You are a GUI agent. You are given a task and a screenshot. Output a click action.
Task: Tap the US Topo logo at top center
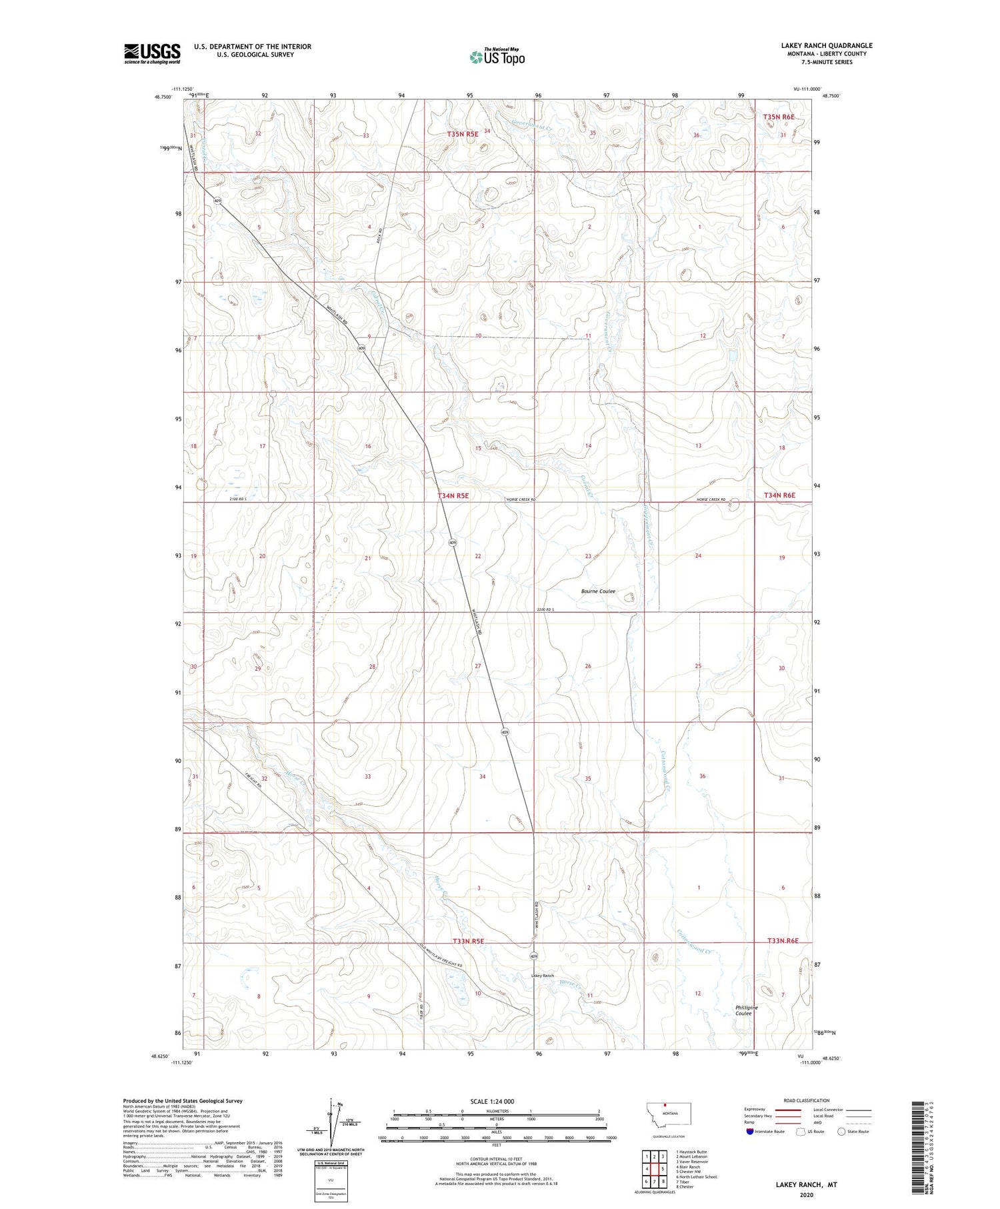click(x=497, y=57)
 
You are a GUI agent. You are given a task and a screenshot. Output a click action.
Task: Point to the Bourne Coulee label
click(x=598, y=591)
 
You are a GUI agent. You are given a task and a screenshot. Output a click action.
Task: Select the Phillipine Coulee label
click(x=746, y=1010)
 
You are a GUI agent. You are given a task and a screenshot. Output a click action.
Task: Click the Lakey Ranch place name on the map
click(x=542, y=976)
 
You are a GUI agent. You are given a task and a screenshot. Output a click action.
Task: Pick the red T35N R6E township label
click(x=779, y=117)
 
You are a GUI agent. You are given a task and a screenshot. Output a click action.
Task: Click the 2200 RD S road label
click(x=545, y=610)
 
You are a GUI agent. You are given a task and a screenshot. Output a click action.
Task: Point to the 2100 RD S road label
click(x=238, y=499)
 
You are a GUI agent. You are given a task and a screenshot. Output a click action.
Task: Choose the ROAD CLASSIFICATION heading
click(x=807, y=1100)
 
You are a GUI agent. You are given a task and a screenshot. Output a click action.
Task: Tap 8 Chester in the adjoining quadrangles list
click(x=685, y=1186)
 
